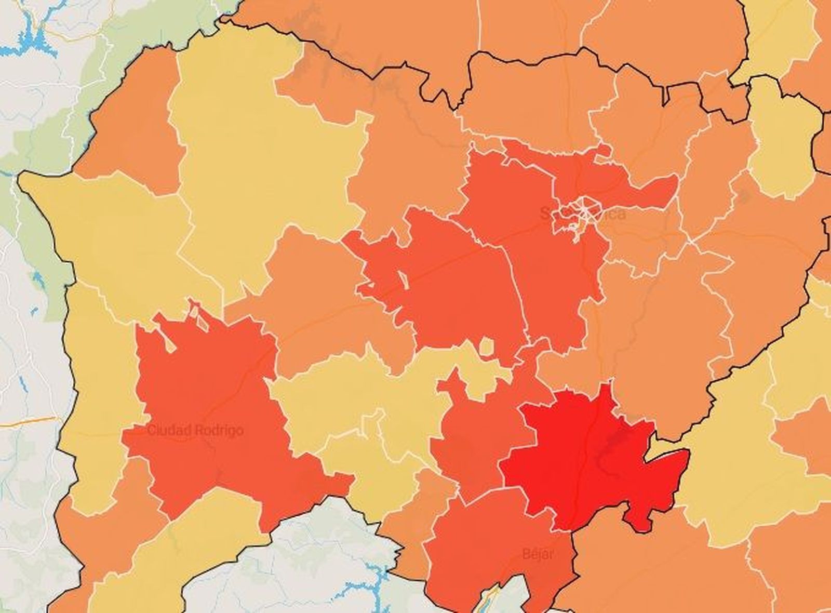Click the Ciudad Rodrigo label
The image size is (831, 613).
tap(195, 431)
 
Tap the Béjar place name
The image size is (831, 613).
tap(538, 553)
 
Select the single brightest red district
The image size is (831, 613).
tap(582, 457)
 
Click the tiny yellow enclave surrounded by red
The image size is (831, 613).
tap(486, 347)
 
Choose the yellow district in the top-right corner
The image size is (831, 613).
tap(779, 31)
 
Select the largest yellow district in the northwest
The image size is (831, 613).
tap(260, 156)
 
